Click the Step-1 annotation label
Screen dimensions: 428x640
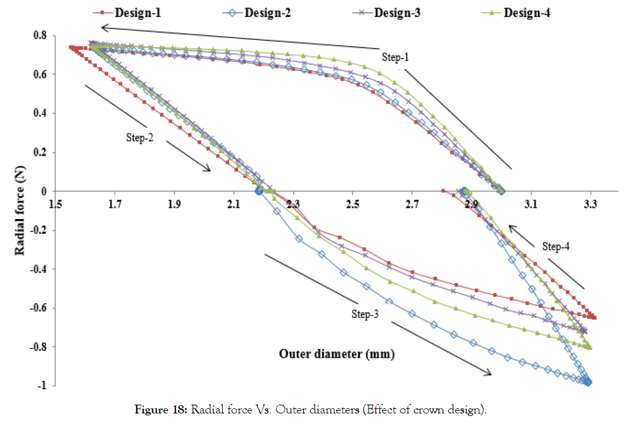coord(396,57)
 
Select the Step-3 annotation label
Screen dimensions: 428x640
coord(366,314)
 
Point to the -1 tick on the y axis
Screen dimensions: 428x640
coord(42,386)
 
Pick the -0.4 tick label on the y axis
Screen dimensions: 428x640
coord(37,269)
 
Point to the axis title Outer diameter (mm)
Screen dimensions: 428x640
coord(337,354)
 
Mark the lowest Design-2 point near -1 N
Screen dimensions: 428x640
coord(588,382)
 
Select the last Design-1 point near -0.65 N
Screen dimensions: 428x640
coord(594,318)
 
